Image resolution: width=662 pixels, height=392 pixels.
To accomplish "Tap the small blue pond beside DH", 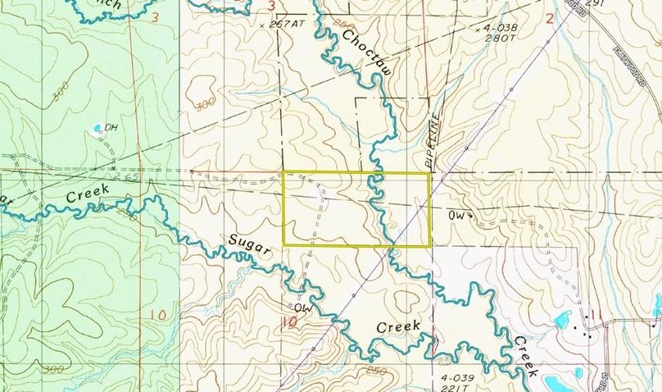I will pos(99,127).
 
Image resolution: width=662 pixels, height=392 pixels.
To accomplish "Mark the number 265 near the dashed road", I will pos(125,175).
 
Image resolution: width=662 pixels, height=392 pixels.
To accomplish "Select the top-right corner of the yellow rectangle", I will pos(431,172).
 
